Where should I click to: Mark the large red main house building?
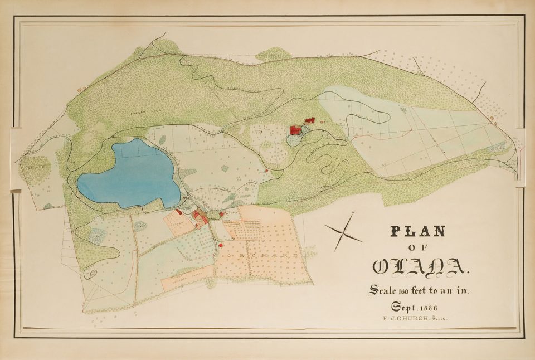tap(295, 130)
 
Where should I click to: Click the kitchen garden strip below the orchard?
tap(187, 277)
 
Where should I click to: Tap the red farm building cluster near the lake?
tap(200, 216)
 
